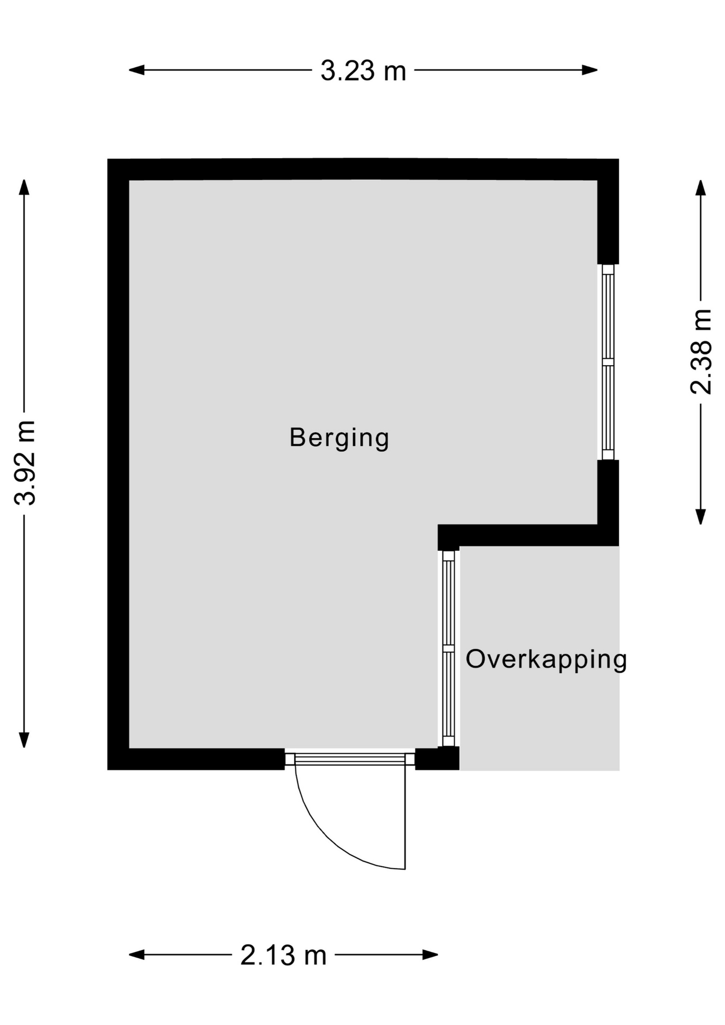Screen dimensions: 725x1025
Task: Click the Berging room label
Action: coord(339,438)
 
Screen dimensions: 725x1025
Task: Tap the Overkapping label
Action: coord(546,660)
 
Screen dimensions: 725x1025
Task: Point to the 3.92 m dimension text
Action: coord(25,462)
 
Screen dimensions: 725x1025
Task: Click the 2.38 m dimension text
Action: coord(701,352)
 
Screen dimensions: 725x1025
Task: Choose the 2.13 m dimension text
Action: coord(283,956)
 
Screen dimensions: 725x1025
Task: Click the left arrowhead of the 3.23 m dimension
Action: coord(137,70)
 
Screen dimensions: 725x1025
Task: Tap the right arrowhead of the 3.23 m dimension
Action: coord(589,70)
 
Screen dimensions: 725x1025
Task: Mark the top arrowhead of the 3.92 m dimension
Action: coord(24,187)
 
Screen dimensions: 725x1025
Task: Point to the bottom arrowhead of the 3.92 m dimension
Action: coord(24,740)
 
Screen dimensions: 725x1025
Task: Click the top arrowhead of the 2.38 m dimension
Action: coord(700,188)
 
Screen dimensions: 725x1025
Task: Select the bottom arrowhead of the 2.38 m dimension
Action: coord(700,517)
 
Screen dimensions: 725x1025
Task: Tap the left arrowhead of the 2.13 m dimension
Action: coord(137,955)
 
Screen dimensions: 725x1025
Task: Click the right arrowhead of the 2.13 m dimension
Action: coord(430,955)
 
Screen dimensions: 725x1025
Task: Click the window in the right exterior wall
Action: coord(608,362)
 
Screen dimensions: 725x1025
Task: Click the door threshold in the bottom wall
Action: coord(350,759)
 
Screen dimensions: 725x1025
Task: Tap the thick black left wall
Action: coord(118,464)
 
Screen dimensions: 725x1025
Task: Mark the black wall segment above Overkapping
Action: coord(528,535)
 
